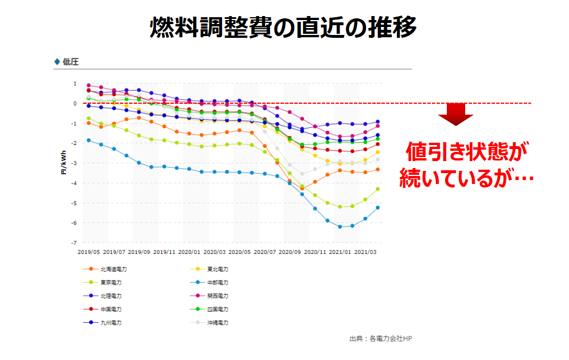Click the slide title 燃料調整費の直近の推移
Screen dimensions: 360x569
click(283, 27)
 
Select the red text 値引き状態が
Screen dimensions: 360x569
click(466, 152)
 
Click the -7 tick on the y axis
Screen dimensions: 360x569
click(74, 243)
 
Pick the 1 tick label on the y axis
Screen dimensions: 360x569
click(75, 84)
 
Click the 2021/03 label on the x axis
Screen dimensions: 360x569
click(366, 252)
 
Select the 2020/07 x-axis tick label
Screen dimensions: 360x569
click(265, 252)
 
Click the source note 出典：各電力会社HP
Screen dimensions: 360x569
click(380, 338)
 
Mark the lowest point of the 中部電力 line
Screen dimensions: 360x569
click(340, 227)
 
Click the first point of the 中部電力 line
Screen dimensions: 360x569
click(88, 140)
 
